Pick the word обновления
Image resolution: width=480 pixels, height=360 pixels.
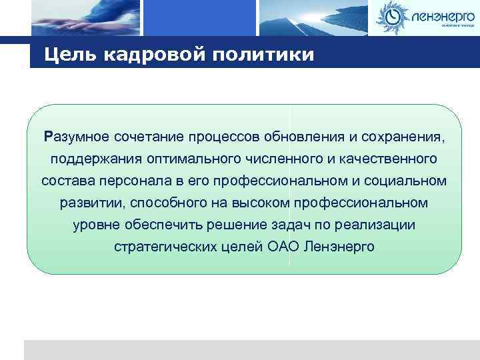pyautogui.click(x=304, y=137)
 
